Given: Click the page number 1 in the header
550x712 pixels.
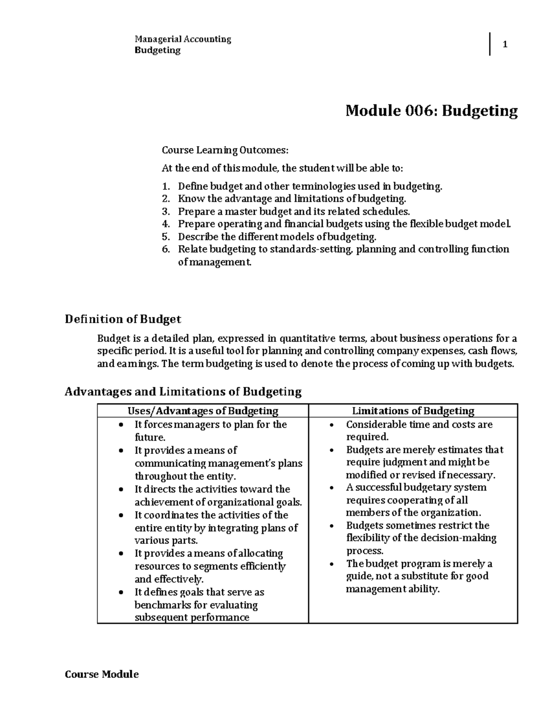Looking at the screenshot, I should tap(505, 45).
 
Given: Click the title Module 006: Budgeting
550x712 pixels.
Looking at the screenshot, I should tap(431, 110).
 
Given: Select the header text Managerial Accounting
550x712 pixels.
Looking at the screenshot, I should tap(182, 39).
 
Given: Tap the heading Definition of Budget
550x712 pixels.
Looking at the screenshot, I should tap(123, 319).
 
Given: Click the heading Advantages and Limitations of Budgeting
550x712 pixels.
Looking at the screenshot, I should tap(183, 392).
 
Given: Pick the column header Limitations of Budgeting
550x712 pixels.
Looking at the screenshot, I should tap(413, 411).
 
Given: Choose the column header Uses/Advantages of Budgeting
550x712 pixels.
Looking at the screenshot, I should tap(203, 411).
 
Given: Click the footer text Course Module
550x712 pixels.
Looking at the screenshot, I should tap(101, 674).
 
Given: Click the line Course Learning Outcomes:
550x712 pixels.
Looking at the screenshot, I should tap(225, 150).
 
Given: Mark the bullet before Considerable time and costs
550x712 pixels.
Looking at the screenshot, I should tap(331, 425).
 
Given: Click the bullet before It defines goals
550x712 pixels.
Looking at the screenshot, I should tap(120, 593).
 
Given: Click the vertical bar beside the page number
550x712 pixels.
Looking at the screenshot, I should tap(490, 44).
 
